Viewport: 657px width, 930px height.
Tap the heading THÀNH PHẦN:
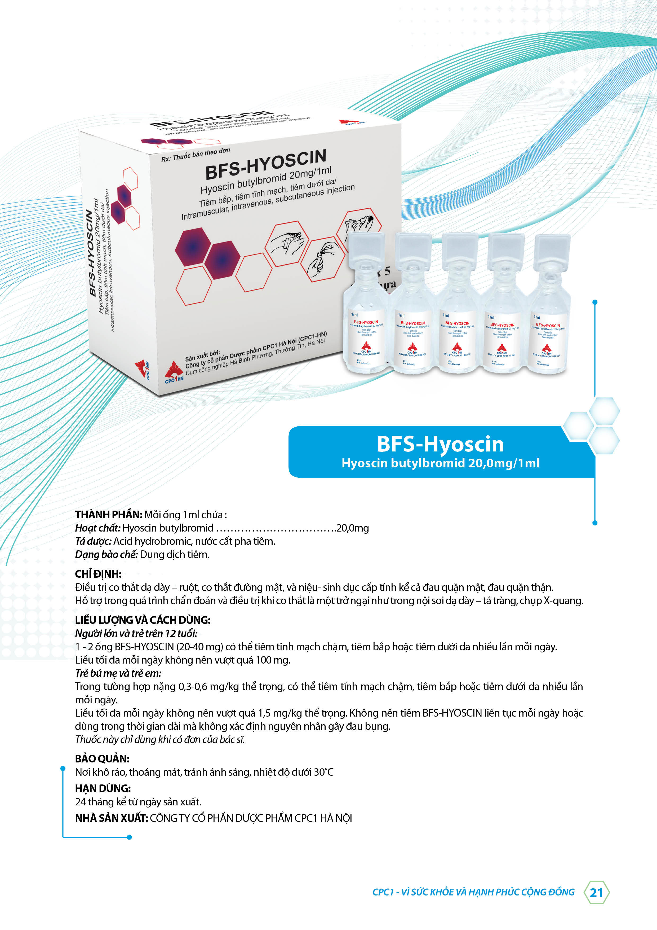[109, 515]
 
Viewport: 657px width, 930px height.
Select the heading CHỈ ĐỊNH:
[98, 574]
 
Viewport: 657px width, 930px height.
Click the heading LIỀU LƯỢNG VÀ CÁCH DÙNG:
[143, 620]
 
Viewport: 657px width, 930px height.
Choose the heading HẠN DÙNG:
[103, 788]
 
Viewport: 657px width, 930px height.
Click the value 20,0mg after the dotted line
[353, 528]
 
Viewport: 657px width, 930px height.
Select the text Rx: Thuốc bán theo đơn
[196, 155]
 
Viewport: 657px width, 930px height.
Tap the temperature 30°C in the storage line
[323, 772]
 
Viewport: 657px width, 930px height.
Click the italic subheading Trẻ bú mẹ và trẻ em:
[118, 673]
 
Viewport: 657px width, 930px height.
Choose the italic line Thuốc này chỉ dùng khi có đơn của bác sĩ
[160, 740]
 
